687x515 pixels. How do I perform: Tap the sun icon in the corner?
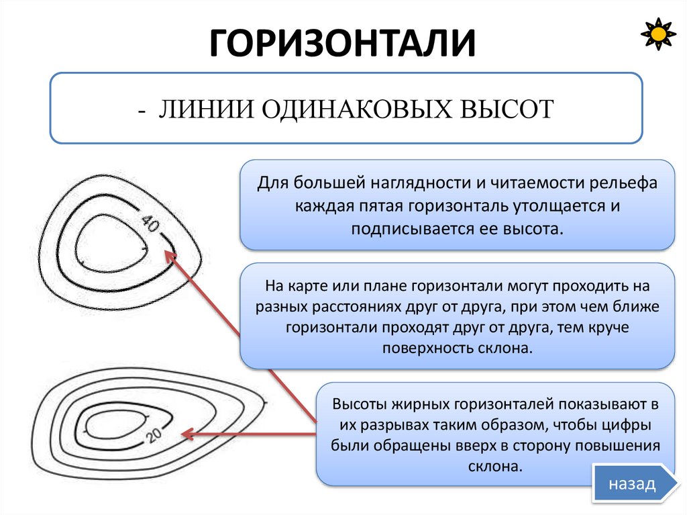[659, 33]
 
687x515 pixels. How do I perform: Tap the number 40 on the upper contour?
[150, 224]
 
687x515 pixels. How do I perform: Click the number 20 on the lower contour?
[153, 436]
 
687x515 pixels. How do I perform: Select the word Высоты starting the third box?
[357, 404]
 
